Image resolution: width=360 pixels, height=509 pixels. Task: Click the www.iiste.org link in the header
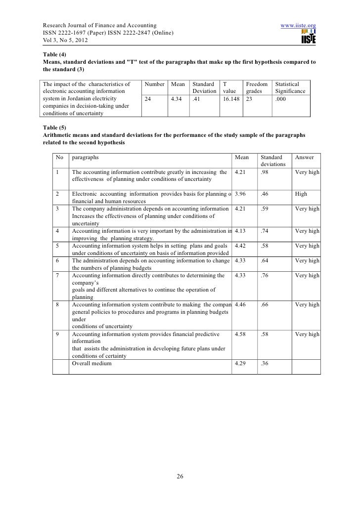click(298, 25)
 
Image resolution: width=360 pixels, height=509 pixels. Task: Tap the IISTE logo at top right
click(308, 37)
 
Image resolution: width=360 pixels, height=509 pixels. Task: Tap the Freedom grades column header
click(257, 87)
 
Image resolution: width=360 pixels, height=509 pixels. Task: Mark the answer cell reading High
click(301, 194)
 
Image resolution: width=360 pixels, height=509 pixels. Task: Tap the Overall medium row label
click(91, 364)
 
